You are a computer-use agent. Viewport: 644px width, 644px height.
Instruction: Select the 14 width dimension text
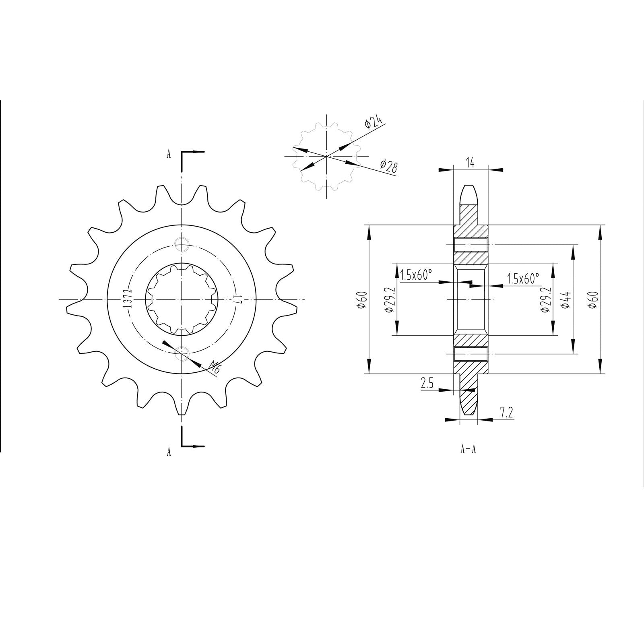(x=470, y=163)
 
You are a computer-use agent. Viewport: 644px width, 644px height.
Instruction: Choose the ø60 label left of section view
(x=361, y=300)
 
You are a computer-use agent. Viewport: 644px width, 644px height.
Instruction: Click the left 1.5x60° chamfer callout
(x=417, y=275)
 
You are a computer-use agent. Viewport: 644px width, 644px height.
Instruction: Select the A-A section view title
(x=468, y=449)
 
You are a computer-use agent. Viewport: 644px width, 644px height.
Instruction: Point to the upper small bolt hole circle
(x=182, y=242)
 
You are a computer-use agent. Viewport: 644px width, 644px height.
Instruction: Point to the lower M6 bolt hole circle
(x=182, y=351)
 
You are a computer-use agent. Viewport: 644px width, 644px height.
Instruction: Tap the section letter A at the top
(x=169, y=154)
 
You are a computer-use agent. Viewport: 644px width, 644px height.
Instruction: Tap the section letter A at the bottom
(x=169, y=452)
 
